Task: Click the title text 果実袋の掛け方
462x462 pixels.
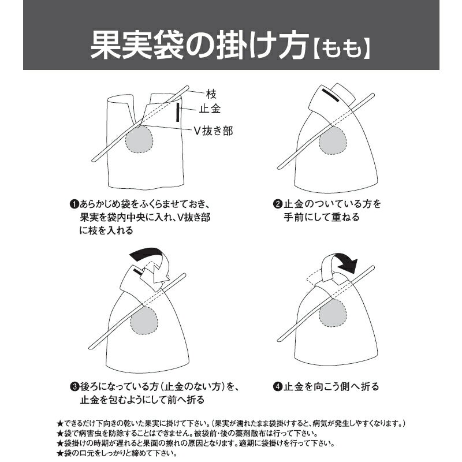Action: tap(200, 46)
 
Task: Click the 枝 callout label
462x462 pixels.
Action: tap(211, 94)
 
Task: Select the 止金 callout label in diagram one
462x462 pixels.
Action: tap(210, 109)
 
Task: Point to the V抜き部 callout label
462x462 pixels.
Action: tap(213, 131)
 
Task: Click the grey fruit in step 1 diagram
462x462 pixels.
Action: tap(139, 139)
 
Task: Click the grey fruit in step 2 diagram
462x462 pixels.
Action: tap(333, 140)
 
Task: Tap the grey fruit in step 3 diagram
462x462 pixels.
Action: tap(144, 321)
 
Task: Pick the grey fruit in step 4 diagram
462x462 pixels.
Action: tap(333, 314)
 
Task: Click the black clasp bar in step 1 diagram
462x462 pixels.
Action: tap(178, 112)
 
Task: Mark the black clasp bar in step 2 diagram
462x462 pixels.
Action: tap(330, 95)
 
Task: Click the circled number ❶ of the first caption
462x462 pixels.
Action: tap(74, 204)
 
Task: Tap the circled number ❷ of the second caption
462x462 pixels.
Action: tap(278, 204)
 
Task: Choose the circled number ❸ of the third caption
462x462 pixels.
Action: tap(74, 386)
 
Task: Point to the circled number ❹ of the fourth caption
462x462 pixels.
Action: tap(278, 386)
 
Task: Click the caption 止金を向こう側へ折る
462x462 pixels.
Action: tap(331, 386)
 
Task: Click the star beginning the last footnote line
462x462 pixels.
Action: tap(60, 453)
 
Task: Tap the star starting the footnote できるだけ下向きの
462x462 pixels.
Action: tap(60, 424)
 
